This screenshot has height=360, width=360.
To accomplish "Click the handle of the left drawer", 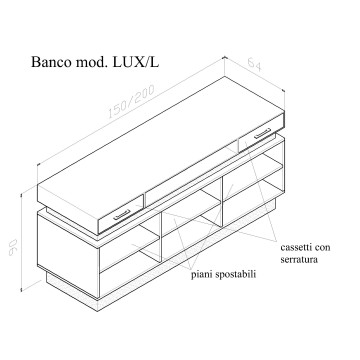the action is point(125,212).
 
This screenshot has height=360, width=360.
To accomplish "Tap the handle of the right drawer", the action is point(261,135).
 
